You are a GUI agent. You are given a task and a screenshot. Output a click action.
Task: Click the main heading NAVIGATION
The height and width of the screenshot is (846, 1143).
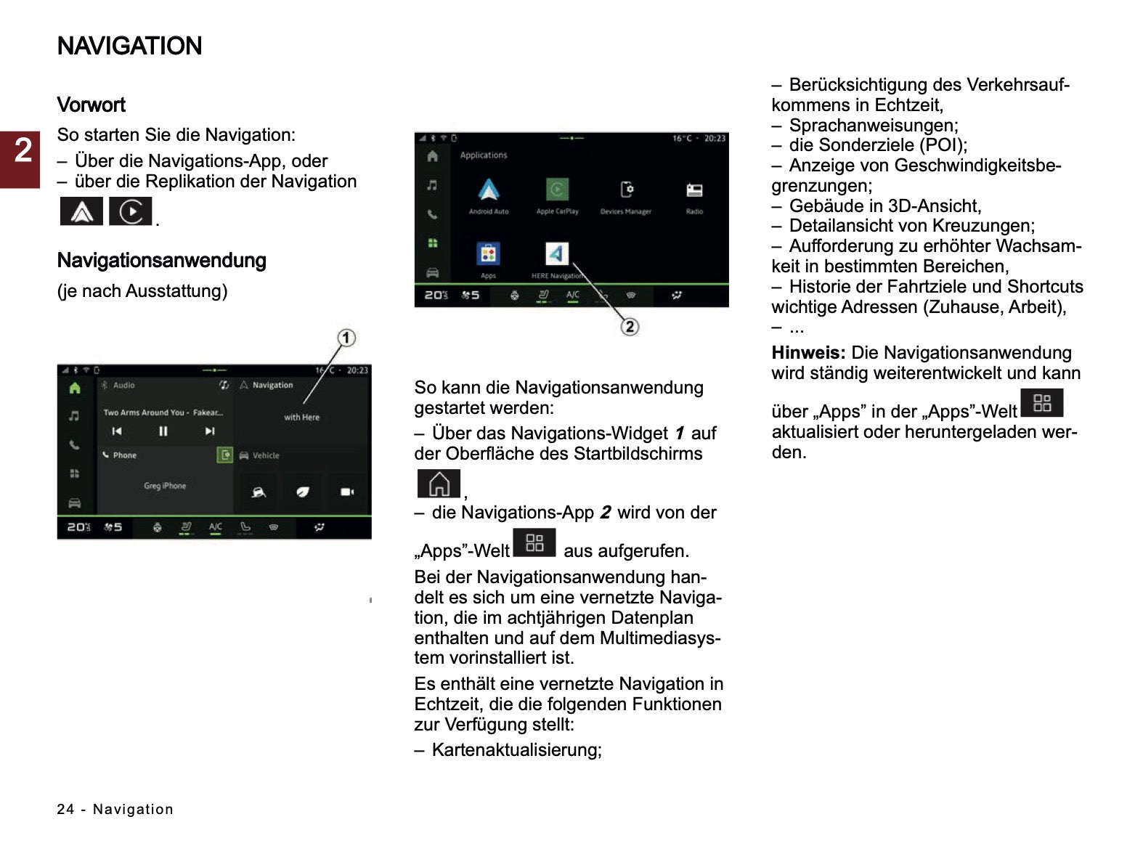pyautogui.click(x=129, y=46)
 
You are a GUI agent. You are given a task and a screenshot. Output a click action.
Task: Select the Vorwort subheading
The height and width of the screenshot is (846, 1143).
pyautogui.click(x=91, y=105)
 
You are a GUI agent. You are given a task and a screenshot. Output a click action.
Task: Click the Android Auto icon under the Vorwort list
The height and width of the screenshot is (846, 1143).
pyautogui.click(x=81, y=211)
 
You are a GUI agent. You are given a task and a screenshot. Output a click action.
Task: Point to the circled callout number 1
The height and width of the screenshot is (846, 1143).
pyautogui.click(x=346, y=338)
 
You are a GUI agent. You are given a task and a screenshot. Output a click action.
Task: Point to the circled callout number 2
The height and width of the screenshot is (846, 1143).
pyautogui.click(x=630, y=327)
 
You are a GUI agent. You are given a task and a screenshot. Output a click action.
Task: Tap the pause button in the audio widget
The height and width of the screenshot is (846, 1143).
pyautogui.click(x=163, y=431)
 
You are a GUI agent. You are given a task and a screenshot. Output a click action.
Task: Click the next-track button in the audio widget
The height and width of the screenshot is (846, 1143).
pyautogui.click(x=210, y=431)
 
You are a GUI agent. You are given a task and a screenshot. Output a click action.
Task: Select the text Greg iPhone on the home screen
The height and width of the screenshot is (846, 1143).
pyautogui.click(x=165, y=486)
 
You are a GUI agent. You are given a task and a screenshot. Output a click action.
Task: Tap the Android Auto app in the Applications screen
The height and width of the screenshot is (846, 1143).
pyautogui.click(x=489, y=191)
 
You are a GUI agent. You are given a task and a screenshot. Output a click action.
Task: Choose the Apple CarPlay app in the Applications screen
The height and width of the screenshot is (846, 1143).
pyautogui.click(x=557, y=191)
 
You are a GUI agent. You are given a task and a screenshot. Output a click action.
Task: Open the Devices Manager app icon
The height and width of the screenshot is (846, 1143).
pyautogui.click(x=626, y=191)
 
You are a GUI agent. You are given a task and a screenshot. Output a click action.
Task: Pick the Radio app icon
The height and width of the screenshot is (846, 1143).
pyautogui.click(x=694, y=191)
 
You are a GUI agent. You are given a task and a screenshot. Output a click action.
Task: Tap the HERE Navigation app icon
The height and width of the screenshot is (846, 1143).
pyautogui.click(x=556, y=254)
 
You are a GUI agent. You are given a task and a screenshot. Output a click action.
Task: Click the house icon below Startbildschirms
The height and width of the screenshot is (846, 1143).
pyautogui.click(x=439, y=484)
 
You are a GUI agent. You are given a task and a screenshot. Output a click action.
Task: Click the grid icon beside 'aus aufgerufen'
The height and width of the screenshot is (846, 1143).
pyautogui.click(x=534, y=542)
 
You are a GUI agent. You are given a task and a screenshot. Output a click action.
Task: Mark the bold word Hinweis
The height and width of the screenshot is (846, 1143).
pyautogui.click(x=808, y=353)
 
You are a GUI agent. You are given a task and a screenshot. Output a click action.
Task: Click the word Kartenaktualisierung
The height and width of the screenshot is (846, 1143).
pyautogui.click(x=516, y=750)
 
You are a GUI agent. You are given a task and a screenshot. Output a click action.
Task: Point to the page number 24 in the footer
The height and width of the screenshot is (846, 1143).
pyautogui.click(x=65, y=809)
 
